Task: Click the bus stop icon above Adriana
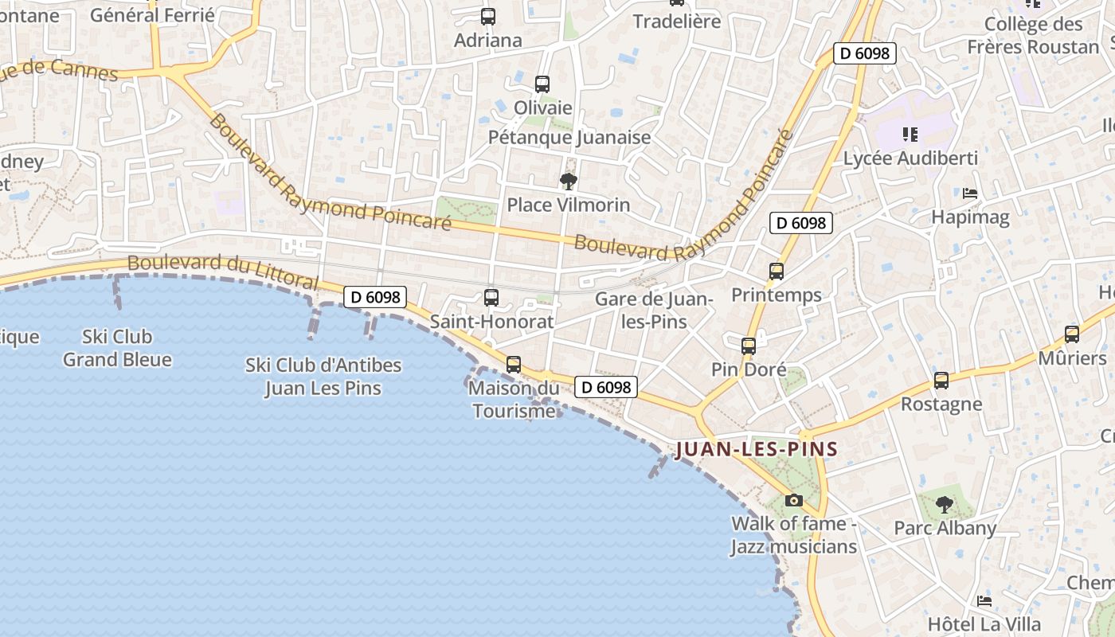(488, 16)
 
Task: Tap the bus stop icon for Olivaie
(542, 84)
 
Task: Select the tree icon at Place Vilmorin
(568, 182)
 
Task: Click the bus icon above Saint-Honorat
(491, 298)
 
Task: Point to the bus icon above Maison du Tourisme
(514, 365)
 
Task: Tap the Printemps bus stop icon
(777, 272)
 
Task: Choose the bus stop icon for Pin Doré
(748, 346)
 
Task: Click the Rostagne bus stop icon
(941, 381)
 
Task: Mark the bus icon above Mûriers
(1072, 334)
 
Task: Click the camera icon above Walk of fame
(793, 500)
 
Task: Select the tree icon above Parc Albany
(944, 504)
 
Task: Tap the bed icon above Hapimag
(970, 193)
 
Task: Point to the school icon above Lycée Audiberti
(910, 135)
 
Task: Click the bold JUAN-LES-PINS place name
(757, 449)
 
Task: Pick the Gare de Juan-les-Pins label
(654, 311)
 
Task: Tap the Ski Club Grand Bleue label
(117, 348)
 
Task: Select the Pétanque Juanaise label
(569, 137)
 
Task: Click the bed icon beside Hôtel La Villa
(985, 601)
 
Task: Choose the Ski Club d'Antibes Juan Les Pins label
(323, 377)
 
